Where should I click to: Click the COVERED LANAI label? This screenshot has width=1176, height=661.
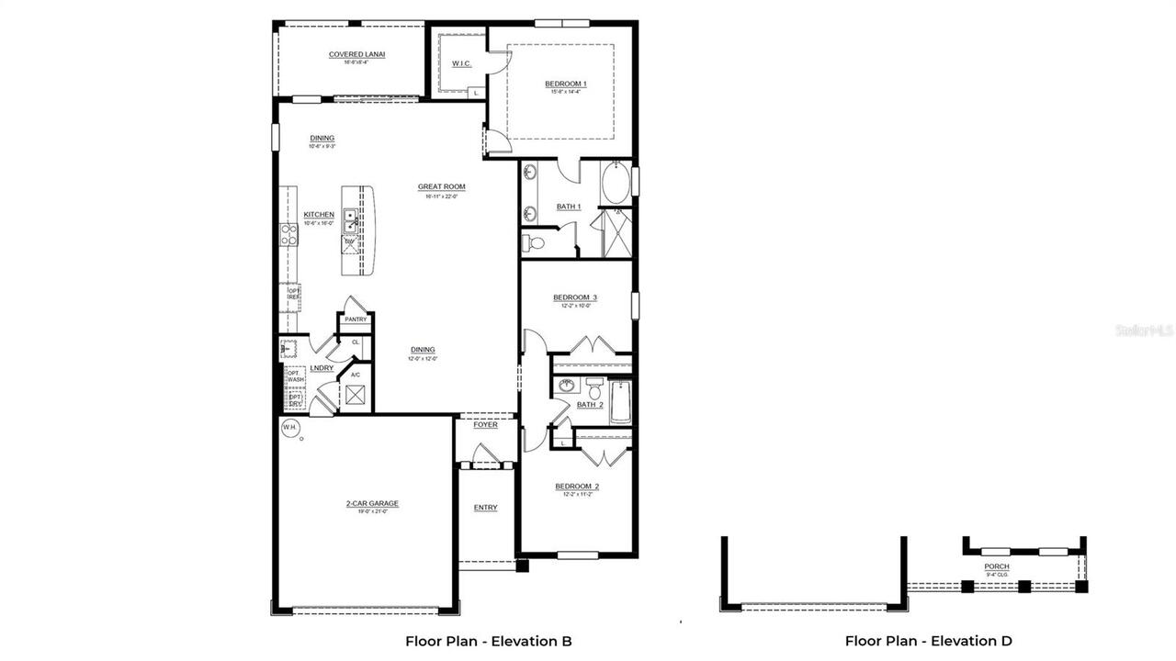click(356, 55)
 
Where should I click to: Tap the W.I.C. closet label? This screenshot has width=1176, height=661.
click(461, 63)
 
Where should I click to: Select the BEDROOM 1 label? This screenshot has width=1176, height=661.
click(565, 84)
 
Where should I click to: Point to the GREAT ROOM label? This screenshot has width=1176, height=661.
click(441, 187)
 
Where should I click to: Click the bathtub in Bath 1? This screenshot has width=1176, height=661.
click(616, 183)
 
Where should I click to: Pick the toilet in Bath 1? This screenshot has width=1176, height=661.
click(534, 242)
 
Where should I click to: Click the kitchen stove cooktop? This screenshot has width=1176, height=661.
click(288, 234)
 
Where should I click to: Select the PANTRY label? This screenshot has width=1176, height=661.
click(356, 319)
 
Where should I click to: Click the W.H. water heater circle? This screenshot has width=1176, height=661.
click(289, 427)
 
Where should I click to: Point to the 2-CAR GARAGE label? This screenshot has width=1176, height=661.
click(372, 503)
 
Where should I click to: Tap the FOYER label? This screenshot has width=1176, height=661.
click(485, 425)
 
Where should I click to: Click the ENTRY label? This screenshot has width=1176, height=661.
click(485, 508)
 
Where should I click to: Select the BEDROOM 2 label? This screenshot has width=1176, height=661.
click(577, 487)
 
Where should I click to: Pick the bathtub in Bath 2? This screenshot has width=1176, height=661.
click(621, 402)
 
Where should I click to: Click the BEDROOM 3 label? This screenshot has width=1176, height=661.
click(575, 297)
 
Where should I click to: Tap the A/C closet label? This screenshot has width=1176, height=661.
click(355, 375)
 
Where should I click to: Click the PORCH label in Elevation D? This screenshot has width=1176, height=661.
click(997, 566)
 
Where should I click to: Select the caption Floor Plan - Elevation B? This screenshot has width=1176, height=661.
click(488, 641)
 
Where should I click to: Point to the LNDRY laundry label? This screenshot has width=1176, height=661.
click(322, 368)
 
